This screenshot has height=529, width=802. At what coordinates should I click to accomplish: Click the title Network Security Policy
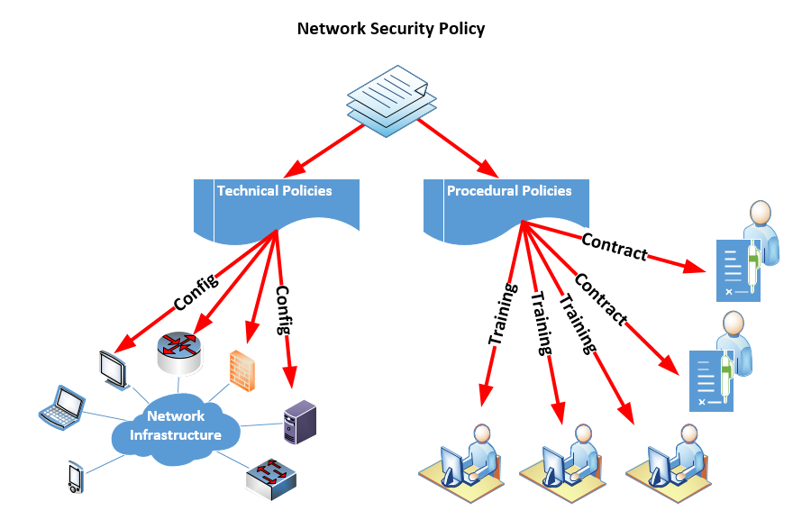coord(391,29)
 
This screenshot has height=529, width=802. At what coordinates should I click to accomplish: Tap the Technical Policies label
coord(275,191)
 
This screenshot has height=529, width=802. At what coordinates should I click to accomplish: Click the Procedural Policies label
coord(509,191)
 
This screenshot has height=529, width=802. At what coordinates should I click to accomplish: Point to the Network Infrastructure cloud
coord(176,426)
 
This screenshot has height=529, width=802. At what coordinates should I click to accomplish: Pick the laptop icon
coord(61,405)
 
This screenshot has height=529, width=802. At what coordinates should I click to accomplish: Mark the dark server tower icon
coord(300,422)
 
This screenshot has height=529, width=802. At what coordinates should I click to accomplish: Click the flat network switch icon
coord(271,479)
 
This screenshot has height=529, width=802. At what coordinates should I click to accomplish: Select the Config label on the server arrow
coord(285,310)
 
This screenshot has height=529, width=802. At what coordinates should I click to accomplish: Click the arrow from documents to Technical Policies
coord(324,150)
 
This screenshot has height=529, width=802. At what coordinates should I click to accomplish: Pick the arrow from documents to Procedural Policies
coord(458,150)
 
